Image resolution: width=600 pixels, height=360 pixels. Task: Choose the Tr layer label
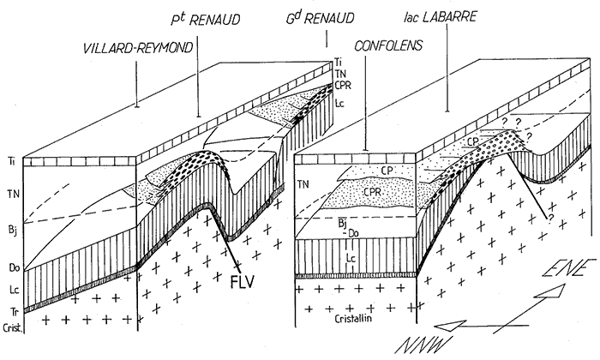[x=10, y=309]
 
